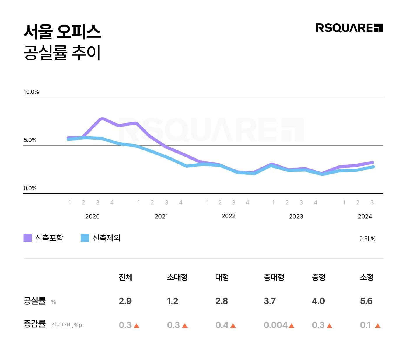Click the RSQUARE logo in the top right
click(349, 28)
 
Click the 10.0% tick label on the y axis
click(31, 92)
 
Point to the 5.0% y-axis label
click(30, 140)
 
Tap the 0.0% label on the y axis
click(30, 188)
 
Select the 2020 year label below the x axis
click(92, 216)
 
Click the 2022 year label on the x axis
click(228, 216)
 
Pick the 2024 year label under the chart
click(365, 216)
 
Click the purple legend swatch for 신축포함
click(27, 238)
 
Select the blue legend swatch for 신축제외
click(85, 238)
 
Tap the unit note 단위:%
click(367, 239)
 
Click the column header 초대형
click(177, 277)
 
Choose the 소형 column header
click(367, 277)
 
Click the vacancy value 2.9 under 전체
click(125, 301)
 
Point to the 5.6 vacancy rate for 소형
click(366, 301)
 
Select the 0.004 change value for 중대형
click(275, 325)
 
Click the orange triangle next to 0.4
click(233, 326)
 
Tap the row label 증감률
click(34, 324)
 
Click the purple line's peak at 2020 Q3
click(102, 119)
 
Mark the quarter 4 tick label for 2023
click(315, 202)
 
